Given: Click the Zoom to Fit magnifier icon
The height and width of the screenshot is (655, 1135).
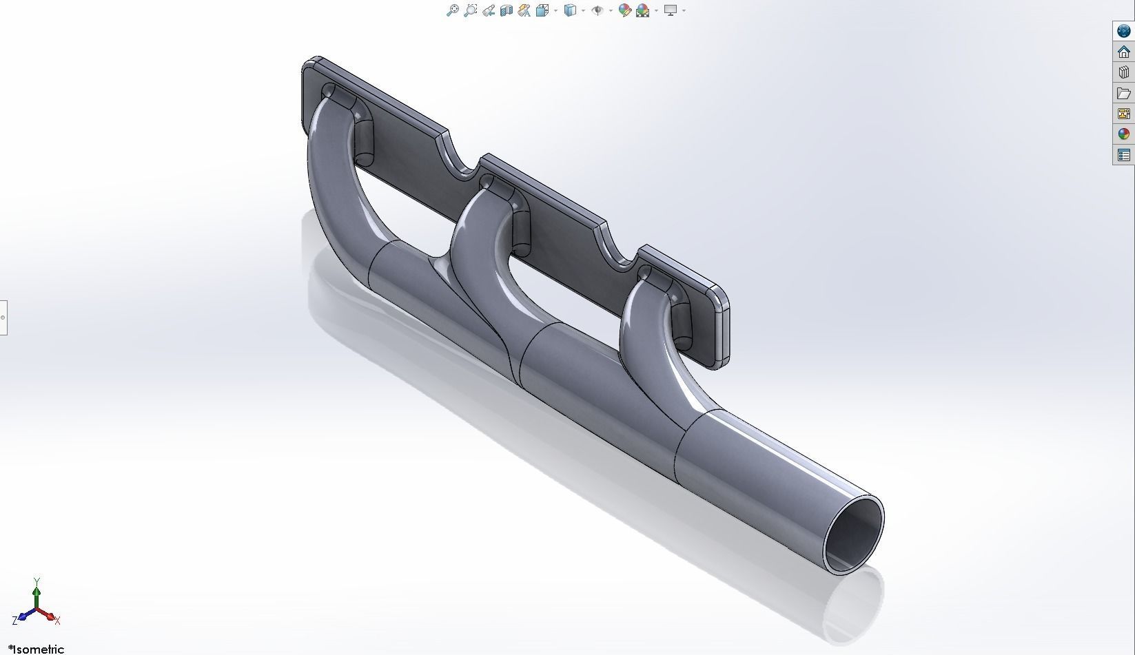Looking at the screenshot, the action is (453, 10).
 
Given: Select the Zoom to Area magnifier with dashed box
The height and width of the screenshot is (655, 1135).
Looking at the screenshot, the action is (471, 10).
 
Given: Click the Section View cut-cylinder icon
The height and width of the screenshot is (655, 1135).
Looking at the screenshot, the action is (507, 10).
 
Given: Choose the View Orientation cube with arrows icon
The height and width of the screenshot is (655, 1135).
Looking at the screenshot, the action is (542, 10).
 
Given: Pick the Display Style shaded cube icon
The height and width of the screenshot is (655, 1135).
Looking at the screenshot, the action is (570, 10).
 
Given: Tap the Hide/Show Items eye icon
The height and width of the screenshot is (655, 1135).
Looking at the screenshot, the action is (597, 10).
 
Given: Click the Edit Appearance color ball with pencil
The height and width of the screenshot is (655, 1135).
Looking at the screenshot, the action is (625, 10).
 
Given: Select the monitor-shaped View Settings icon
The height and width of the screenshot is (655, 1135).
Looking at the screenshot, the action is (671, 10).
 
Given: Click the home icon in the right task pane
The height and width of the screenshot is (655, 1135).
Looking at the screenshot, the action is (1123, 52).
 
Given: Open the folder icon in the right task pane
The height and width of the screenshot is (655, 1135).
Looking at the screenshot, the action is (1123, 93).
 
